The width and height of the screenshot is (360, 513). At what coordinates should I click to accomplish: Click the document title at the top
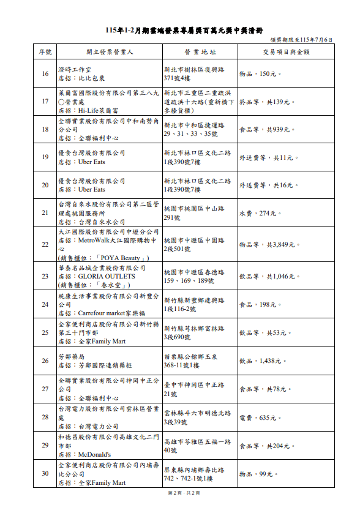tap(180, 29)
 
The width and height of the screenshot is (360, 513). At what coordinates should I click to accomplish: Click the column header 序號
tap(45, 52)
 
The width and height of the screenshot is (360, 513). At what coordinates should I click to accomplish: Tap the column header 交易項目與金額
tap(286, 52)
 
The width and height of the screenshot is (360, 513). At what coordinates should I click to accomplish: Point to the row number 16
tap(45, 74)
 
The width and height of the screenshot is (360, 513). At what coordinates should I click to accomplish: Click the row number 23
tap(45, 276)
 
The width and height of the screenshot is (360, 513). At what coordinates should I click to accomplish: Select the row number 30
tap(45, 473)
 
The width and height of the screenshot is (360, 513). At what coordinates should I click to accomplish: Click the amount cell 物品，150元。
tap(260, 74)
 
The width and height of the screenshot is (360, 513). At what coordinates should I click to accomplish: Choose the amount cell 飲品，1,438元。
tap(263, 361)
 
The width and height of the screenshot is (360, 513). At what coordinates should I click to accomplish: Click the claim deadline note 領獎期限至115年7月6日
tap(302, 40)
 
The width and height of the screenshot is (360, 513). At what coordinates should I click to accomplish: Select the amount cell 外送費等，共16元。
tap(268, 185)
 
